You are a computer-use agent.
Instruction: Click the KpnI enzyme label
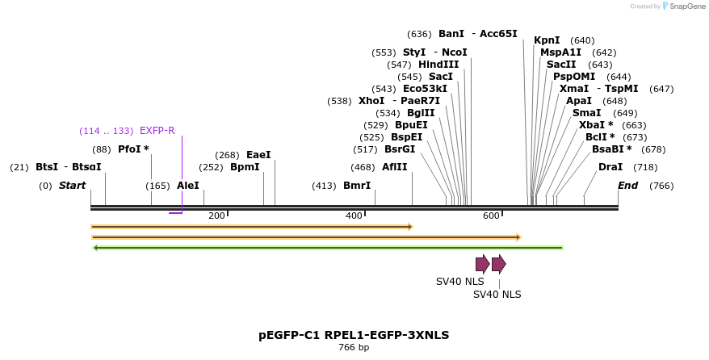point(547,40)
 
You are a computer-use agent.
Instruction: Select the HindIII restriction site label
point(438,65)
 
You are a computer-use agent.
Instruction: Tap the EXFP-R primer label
point(157,130)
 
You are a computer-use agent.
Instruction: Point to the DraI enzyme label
point(610,167)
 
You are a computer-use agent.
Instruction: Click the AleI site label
point(188,186)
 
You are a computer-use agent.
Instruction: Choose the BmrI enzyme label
point(357,186)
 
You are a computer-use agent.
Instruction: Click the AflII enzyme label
point(395,167)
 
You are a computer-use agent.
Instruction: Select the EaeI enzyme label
point(258,155)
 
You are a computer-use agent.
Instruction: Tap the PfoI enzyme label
point(133,149)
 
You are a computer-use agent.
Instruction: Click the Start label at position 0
point(72,186)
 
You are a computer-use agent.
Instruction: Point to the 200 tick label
point(216,216)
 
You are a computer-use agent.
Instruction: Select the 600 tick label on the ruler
point(491,216)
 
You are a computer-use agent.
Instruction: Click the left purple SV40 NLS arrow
point(482,264)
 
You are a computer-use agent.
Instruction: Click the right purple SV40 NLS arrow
point(498,264)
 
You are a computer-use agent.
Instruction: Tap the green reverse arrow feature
point(328,247)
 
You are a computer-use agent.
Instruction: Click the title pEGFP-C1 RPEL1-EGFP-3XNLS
point(354,334)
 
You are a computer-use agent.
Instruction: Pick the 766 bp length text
point(354,348)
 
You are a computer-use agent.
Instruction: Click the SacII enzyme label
point(561,65)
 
